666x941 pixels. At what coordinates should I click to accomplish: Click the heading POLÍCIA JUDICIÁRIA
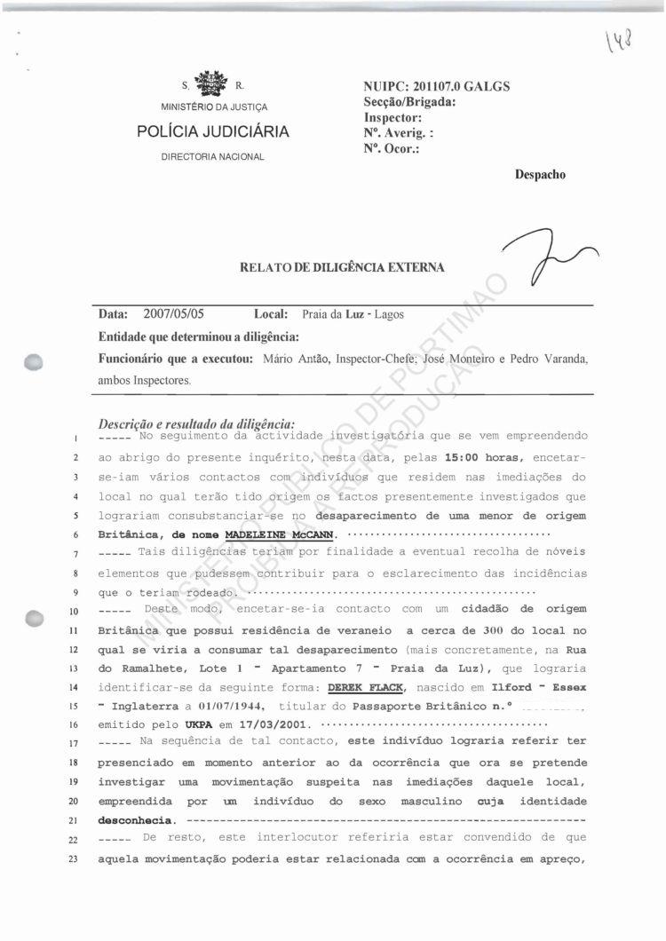(213, 132)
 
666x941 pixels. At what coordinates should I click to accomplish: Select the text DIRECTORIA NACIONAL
(213, 157)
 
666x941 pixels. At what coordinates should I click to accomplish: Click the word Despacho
(540, 175)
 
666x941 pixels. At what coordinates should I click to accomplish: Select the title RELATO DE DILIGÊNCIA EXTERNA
(342, 267)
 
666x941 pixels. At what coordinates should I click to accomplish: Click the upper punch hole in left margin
(35, 360)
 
